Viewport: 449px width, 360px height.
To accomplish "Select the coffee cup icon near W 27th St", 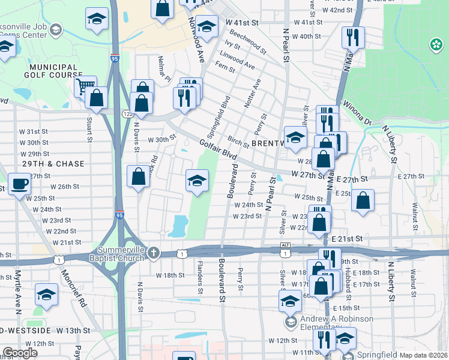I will point(19,183).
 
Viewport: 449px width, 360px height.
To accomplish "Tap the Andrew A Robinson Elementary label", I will point(337,323).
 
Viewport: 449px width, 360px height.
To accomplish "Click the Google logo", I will point(20,353).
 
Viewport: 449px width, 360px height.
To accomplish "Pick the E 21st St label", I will point(346,238).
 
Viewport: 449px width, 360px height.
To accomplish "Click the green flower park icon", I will point(435,44).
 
